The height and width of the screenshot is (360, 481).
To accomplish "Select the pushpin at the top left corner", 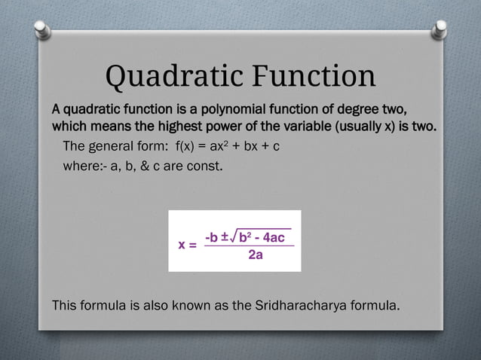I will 44,30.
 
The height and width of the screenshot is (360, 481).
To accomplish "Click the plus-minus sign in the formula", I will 226,236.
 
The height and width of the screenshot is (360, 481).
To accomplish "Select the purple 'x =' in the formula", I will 187,246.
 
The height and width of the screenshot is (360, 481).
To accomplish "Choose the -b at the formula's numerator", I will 212,237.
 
